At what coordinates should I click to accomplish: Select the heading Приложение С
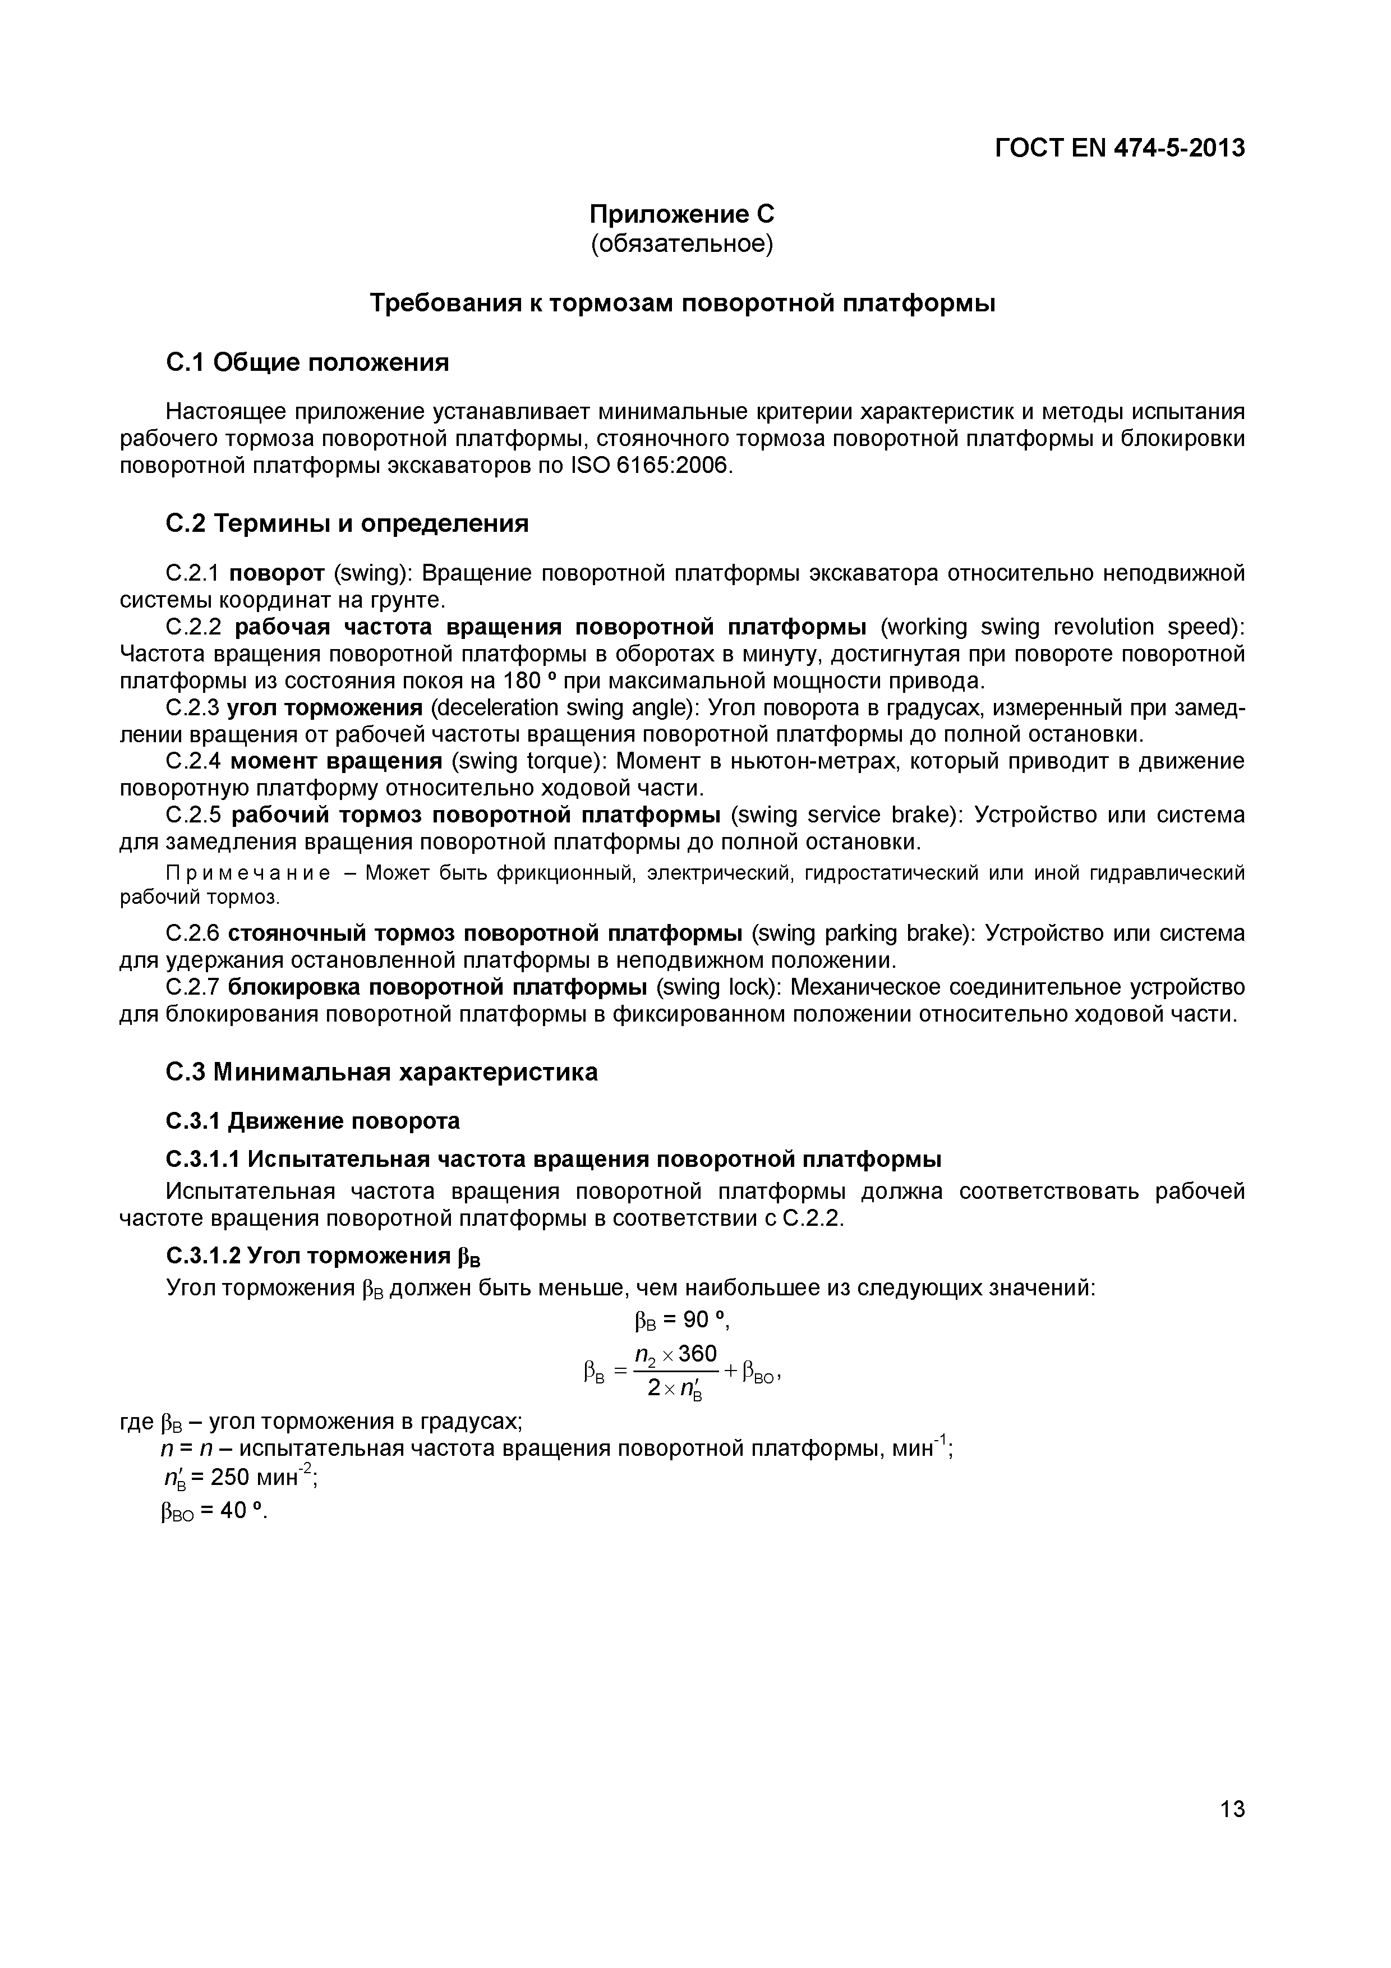click(681, 213)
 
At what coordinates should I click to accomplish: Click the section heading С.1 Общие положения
click(307, 362)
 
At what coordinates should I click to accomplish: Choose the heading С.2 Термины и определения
click(346, 523)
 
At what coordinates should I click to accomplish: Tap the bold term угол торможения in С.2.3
click(325, 708)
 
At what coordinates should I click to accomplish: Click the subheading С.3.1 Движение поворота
click(312, 1121)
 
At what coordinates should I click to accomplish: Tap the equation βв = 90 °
click(681, 1321)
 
